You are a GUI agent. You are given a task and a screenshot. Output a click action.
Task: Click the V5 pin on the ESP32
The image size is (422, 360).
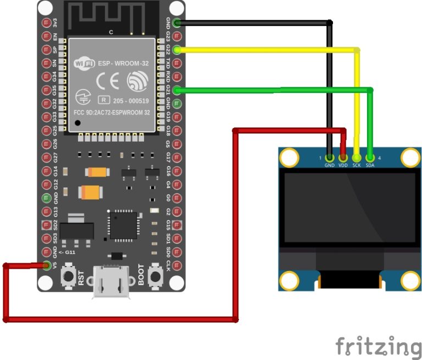pos(47,266)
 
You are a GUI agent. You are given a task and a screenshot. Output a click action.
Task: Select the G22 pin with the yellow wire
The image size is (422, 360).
pos(176,50)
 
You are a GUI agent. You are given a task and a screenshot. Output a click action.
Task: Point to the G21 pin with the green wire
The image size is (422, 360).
pos(176,90)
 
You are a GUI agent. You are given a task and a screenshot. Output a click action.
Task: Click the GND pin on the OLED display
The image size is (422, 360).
pos(330,157)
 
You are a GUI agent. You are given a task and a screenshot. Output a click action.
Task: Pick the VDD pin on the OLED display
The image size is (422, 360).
pos(343,157)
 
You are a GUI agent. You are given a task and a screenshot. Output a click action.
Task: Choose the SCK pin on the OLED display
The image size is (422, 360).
pos(357,157)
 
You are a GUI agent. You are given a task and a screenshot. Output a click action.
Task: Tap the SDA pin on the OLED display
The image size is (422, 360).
pos(370,157)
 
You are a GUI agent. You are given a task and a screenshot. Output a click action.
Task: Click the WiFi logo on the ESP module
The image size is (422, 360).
pos(84,64)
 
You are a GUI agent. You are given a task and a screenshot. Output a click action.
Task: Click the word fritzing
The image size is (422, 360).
pos(379,346)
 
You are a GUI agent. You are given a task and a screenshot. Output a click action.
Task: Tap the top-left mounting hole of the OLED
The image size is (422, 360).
pos(289,158)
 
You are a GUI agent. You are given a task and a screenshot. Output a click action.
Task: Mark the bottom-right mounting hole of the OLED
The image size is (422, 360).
pos(409,280)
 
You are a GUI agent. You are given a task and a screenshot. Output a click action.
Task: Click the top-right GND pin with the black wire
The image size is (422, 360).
pos(176,23)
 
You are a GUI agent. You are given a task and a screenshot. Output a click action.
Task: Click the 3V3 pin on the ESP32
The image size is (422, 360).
pos(47,23)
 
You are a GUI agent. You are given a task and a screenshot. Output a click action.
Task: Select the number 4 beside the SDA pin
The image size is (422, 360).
pos(380,158)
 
